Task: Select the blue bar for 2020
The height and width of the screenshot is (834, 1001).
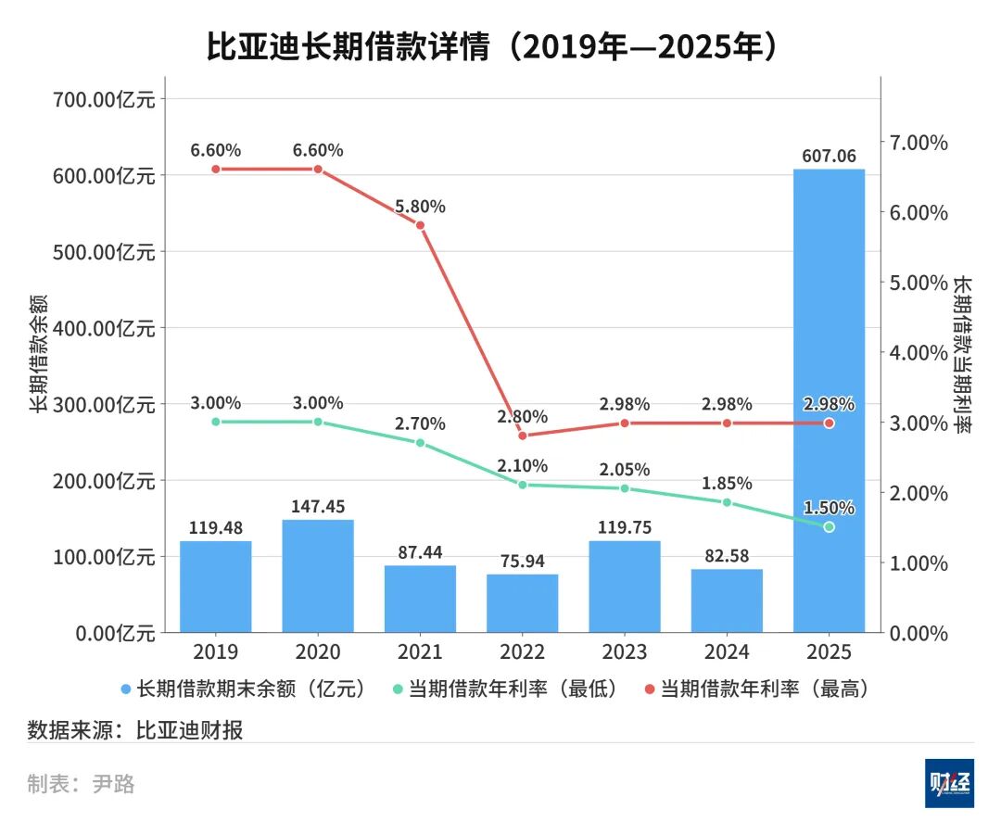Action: coord(318,575)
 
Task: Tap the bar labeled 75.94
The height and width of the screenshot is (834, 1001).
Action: coord(522,603)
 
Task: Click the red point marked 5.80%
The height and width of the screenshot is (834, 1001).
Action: coord(420,225)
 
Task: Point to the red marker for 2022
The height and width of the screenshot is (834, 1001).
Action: coord(522,436)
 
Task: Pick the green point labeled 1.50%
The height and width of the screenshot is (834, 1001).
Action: coord(829,526)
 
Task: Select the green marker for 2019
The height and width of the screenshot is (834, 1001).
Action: coord(216,422)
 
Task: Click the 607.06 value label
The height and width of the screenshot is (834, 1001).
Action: coord(829,156)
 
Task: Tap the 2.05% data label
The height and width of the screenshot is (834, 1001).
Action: coord(624,469)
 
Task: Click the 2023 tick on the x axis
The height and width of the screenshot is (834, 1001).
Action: coord(624,651)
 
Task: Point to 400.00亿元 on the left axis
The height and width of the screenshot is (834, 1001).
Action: coord(102,328)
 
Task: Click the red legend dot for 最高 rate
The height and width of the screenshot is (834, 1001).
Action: coord(649,689)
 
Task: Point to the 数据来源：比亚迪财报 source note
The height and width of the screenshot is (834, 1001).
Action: coord(135,729)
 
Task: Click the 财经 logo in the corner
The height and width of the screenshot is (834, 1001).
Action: coord(949,783)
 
